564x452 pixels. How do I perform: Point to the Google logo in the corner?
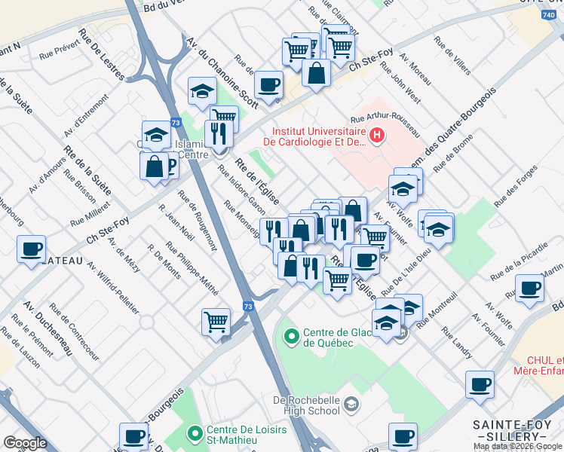(x=25, y=443)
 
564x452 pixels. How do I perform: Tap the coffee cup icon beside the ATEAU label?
(x=31, y=249)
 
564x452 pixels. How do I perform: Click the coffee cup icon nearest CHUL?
(x=480, y=385)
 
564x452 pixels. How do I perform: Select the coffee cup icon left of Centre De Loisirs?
(x=134, y=435)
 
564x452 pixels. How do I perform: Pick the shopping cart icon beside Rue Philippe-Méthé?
(x=216, y=321)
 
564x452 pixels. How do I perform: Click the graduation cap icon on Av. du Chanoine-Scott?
(x=202, y=91)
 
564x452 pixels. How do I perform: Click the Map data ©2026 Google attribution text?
(x=518, y=446)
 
